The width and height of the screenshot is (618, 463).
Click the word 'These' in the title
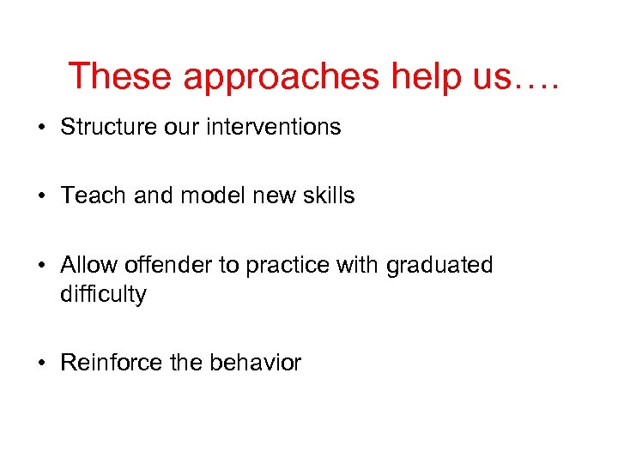(120, 76)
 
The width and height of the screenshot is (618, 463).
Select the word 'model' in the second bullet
(210, 195)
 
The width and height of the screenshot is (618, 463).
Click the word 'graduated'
(439, 266)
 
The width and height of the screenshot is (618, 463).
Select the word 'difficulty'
(103, 295)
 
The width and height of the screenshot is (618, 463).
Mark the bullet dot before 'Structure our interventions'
(41, 128)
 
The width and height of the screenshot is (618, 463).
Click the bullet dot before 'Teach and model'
(41, 196)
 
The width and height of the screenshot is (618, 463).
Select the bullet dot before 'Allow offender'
(41, 266)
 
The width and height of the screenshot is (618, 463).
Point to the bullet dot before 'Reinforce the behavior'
(41, 364)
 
